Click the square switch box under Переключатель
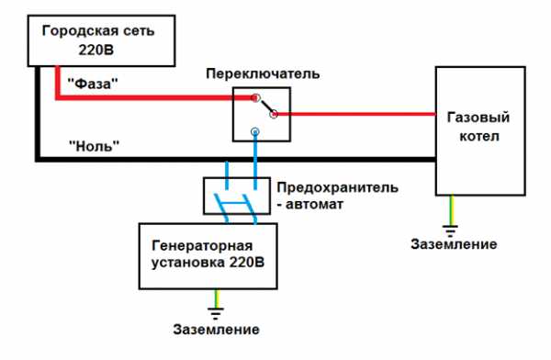pyautogui.click(x=261, y=114)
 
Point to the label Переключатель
pyautogui.click(x=264, y=73)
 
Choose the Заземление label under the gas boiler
pyautogui.click(x=454, y=244)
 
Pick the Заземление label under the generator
pyautogui.click(x=217, y=329)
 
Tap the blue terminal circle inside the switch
pyautogui.click(x=256, y=133)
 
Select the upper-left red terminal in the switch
pyautogui.click(x=257, y=97)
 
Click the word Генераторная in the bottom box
pyautogui.click(x=201, y=247)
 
